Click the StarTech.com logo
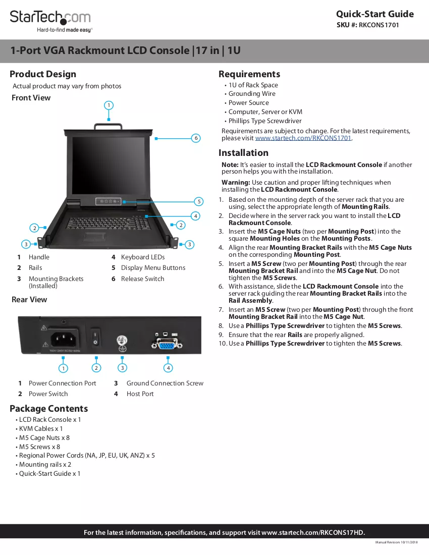click(x=50, y=21)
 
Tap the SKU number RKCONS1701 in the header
click(x=379, y=25)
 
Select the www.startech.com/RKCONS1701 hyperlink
click(x=303, y=138)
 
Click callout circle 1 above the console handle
click(x=109, y=105)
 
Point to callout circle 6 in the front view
click(x=196, y=138)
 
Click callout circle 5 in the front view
click(x=199, y=201)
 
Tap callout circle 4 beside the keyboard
click(x=195, y=216)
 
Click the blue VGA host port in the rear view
click(x=167, y=344)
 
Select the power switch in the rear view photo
click(x=95, y=338)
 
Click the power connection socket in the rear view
click(x=64, y=340)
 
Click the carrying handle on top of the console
click(x=109, y=126)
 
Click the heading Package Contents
click(x=49, y=409)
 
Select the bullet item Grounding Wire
click(x=252, y=94)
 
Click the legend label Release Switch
click(x=143, y=279)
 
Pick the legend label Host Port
click(x=140, y=394)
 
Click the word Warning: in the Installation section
click(x=236, y=182)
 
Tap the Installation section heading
click(x=244, y=153)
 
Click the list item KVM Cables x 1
click(x=41, y=429)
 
